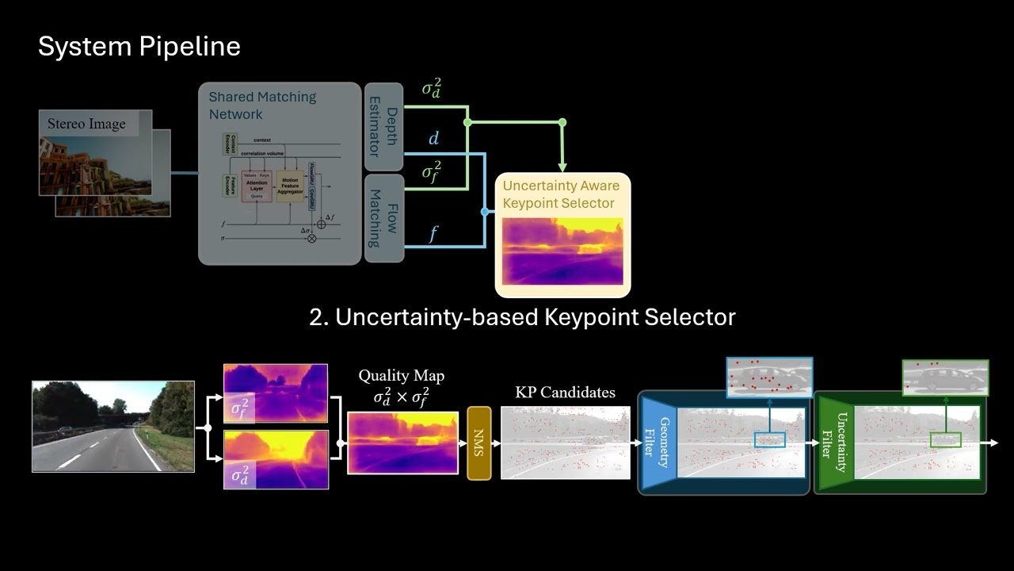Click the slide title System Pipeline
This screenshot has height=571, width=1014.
(139, 47)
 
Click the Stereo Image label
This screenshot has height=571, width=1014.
(86, 124)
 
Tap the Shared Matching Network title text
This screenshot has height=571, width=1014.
(261, 105)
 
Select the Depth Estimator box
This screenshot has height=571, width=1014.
(383, 126)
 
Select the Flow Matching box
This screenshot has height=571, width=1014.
(383, 218)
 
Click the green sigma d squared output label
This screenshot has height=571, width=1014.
(433, 88)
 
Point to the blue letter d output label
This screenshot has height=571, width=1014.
(433, 139)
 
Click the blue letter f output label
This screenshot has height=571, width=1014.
(433, 233)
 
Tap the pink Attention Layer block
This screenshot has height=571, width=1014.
(257, 186)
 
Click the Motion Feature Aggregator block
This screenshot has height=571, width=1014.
(290, 186)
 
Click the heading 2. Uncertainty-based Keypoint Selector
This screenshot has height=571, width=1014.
(522, 317)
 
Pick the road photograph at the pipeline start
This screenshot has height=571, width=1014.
(112, 426)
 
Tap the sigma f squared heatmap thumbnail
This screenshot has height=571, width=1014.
(275, 393)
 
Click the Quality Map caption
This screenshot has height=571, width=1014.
(401, 375)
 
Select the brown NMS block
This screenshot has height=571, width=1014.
(479, 443)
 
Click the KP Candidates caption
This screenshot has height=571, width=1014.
(565, 392)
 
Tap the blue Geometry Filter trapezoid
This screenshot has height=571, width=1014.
(658, 443)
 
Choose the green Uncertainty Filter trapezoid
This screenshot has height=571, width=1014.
(836, 443)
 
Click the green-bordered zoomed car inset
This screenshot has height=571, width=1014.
(945, 377)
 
